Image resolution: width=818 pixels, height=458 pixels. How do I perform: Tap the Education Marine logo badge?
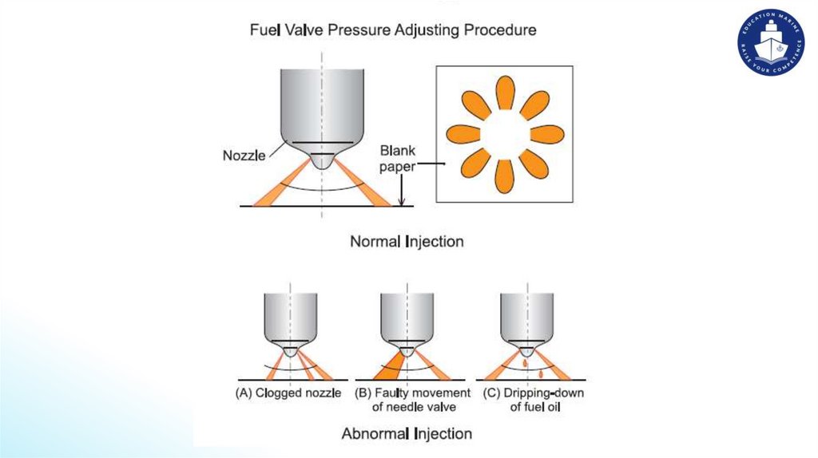770,44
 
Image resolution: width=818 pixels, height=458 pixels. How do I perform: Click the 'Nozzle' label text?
244,156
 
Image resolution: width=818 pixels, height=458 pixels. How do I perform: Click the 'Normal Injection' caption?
407,240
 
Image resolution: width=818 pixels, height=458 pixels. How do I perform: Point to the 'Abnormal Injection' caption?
407,434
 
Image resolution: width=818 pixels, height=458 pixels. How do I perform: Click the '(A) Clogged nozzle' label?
288,393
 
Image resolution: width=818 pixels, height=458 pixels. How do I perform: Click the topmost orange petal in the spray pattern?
505,93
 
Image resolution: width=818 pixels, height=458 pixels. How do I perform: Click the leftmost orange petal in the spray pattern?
463,134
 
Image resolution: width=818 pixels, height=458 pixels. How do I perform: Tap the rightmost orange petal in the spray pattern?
547,134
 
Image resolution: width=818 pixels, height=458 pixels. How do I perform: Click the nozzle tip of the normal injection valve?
322,160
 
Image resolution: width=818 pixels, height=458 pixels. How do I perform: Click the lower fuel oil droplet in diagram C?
542,373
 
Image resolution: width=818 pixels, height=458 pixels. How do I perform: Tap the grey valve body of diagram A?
290,316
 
